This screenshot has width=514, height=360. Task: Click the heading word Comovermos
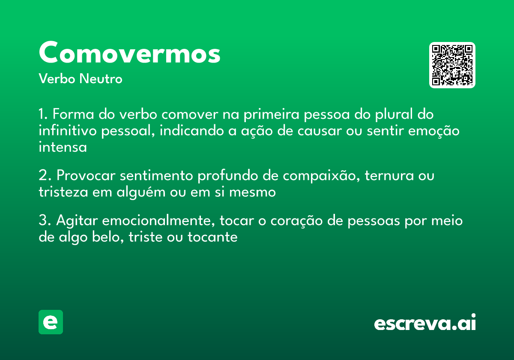pyautogui.click(x=129, y=53)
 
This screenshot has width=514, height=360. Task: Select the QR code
pyautogui.click(x=452, y=65)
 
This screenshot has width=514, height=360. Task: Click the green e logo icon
pyautogui.click(x=51, y=322)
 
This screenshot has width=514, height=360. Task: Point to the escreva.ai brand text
pyautogui.click(x=425, y=323)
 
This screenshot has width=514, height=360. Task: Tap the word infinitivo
pyautogui.click(x=68, y=131)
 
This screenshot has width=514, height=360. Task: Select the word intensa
pyautogui.click(x=63, y=147)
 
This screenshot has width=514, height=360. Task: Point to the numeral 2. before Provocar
pyautogui.click(x=45, y=176)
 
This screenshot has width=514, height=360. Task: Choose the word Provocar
pyautogui.click(x=86, y=176)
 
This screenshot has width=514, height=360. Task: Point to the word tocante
pyautogui.click(x=212, y=237)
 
